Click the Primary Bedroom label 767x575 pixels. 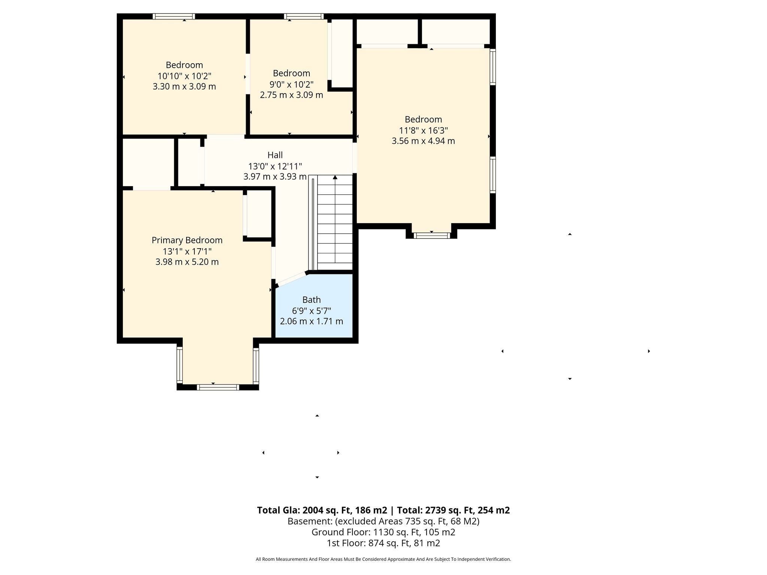[x=187, y=240]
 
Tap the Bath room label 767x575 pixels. [x=312, y=300]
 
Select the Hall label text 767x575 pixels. [x=275, y=155]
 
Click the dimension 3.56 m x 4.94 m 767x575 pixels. [x=423, y=141]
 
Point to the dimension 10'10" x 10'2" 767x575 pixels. [x=184, y=76]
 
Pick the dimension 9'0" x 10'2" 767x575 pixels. [x=291, y=84]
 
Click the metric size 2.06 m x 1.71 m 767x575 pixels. [x=312, y=321]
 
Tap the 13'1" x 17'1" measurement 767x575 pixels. [x=187, y=251]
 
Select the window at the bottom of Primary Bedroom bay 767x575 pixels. [x=218, y=387]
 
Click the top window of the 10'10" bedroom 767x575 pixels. [x=174, y=16]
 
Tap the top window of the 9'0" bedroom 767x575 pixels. [x=304, y=16]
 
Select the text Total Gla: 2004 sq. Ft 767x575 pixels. [x=322, y=510]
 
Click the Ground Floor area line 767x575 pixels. [x=383, y=532]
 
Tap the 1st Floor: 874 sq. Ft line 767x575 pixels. [x=383, y=543]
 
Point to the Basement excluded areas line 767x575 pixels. [x=383, y=521]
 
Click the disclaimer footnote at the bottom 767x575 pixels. [x=383, y=559]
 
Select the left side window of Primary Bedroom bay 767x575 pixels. [x=180, y=365]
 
